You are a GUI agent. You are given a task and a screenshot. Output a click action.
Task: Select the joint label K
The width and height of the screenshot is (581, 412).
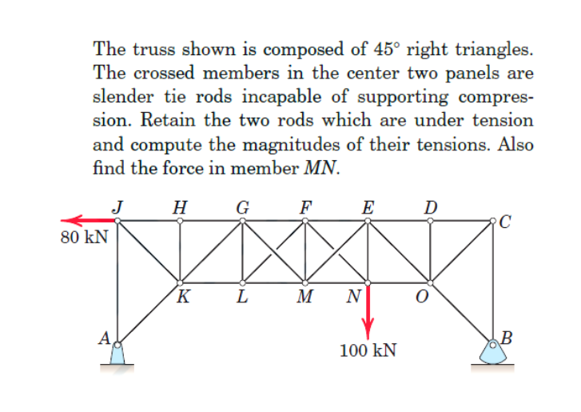tap(184, 300)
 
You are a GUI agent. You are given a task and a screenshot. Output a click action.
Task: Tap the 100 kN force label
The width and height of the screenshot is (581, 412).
tap(368, 350)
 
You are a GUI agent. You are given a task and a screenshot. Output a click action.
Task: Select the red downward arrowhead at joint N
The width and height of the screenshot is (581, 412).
tap(368, 330)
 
